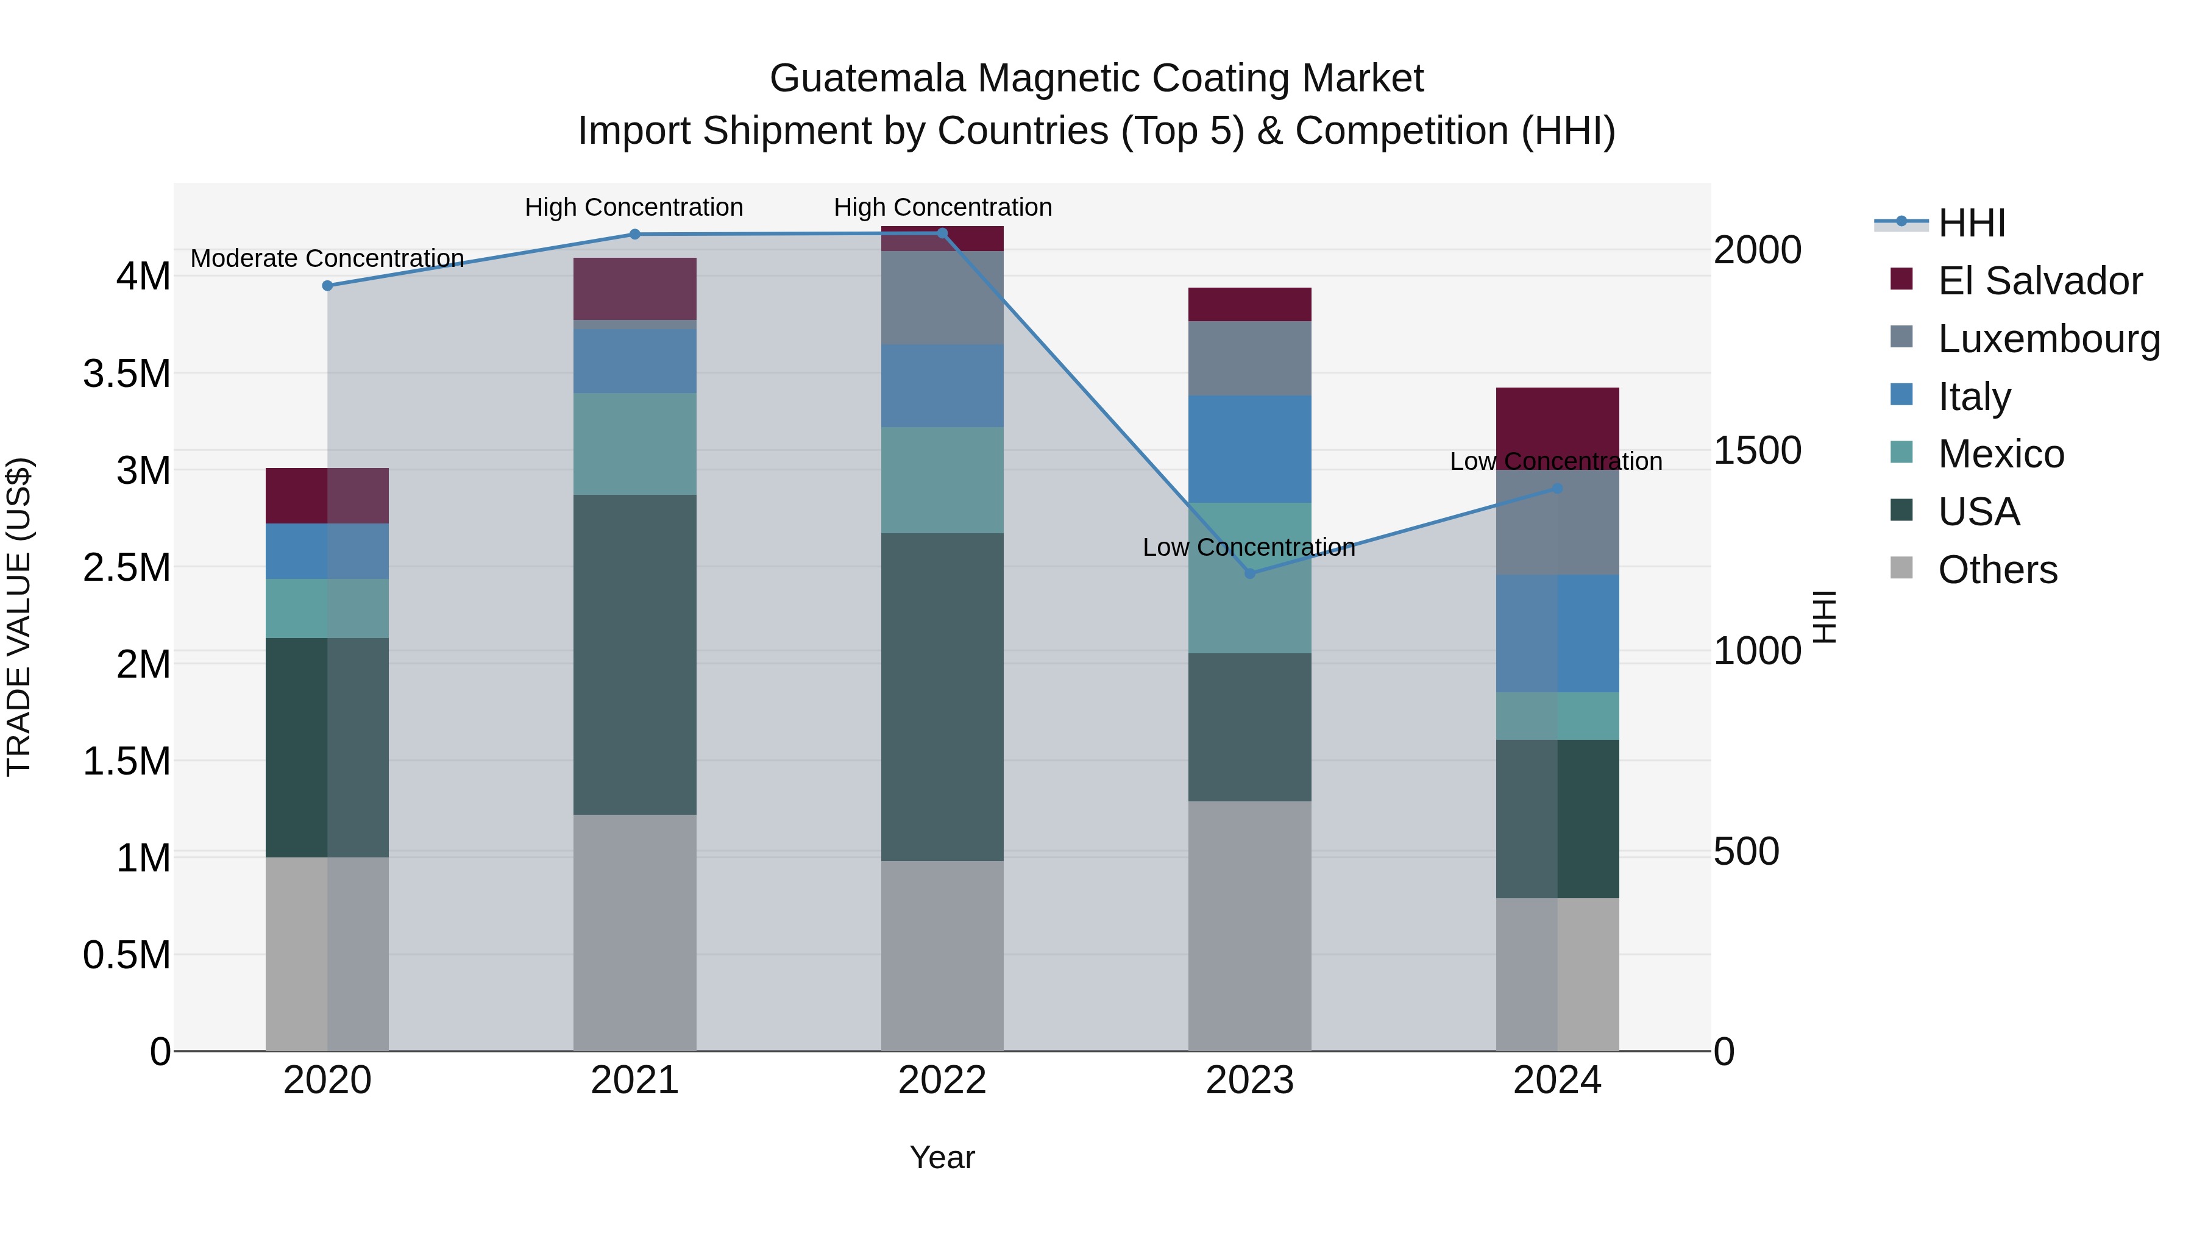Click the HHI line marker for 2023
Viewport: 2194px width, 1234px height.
coord(1249,573)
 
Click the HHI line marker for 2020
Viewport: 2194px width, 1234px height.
coord(327,285)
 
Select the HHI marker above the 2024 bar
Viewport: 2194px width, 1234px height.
coord(1557,488)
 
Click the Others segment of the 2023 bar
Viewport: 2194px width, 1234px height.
coord(1249,926)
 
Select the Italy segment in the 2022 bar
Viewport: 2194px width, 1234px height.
coord(942,385)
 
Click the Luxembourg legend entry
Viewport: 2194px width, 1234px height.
coord(2048,339)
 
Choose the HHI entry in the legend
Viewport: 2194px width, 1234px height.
coord(1971,223)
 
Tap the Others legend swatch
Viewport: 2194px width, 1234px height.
coord(1901,568)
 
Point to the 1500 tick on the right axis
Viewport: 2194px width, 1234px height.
coord(1756,450)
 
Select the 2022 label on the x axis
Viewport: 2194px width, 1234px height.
coord(942,1080)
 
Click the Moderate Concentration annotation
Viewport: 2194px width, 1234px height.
coord(327,258)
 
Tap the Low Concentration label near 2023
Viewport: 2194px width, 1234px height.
coord(1249,547)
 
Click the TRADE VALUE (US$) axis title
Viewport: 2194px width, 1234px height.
coord(19,617)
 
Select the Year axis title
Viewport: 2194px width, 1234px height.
coord(942,1157)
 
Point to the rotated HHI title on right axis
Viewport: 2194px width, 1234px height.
coord(1823,617)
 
